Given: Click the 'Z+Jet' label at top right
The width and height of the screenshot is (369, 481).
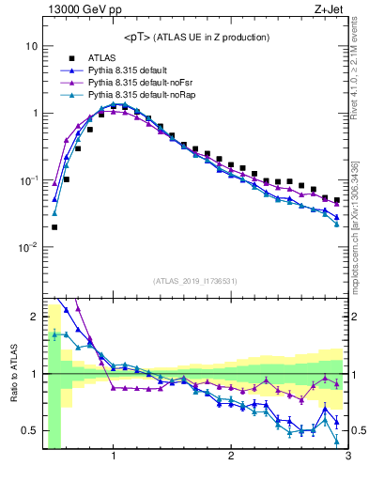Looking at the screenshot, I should (329, 11).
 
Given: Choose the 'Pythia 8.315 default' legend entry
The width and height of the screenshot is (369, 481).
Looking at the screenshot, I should (131, 70).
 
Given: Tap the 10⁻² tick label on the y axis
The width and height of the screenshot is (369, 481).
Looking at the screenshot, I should (29, 248).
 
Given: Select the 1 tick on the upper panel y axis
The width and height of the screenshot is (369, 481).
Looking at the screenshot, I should (34, 114).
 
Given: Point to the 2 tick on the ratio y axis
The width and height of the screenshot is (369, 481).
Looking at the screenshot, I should (34, 317).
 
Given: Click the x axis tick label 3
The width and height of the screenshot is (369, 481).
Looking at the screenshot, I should (347, 458).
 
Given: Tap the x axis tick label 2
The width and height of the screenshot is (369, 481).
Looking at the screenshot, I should (231, 458).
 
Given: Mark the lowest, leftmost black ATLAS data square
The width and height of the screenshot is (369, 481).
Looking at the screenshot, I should (54, 226).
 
